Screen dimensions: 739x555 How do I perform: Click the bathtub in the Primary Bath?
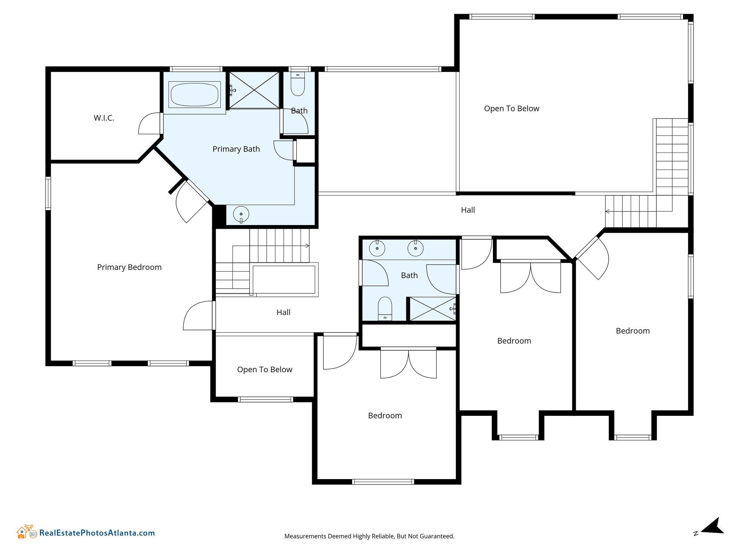[x=194, y=95]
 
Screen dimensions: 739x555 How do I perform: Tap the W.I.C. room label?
[x=104, y=118]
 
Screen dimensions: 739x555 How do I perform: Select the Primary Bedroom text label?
[x=129, y=267]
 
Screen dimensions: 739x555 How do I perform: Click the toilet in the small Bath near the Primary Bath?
[x=298, y=84]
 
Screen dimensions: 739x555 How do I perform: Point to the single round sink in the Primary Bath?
[x=241, y=214]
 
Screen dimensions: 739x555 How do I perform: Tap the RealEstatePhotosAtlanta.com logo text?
[x=97, y=533]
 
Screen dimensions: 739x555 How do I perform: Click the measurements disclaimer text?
[x=369, y=536]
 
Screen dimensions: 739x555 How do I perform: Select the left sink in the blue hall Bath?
[x=377, y=248]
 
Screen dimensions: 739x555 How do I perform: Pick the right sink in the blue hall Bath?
[x=415, y=248]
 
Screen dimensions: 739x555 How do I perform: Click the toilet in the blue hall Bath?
[x=385, y=309]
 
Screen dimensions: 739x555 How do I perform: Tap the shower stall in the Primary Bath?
[x=254, y=90]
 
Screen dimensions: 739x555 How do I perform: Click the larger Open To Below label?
[x=512, y=109]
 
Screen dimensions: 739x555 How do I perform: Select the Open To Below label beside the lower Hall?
[x=264, y=370]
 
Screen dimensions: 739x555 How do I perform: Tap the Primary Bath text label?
[x=236, y=149]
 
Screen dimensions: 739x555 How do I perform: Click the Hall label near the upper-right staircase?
[x=468, y=210]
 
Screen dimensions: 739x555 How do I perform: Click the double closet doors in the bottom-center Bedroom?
[x=408, y=363]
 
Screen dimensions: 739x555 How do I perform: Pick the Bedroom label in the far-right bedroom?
[x=633, y=331]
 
